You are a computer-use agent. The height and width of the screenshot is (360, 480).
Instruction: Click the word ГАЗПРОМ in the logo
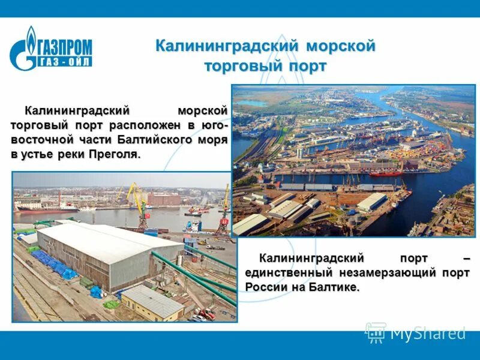65,46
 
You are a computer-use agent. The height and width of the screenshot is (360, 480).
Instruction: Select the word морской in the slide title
341,46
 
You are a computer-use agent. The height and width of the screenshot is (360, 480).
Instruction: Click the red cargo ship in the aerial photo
386,173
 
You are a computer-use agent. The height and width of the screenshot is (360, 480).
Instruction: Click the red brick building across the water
163,199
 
